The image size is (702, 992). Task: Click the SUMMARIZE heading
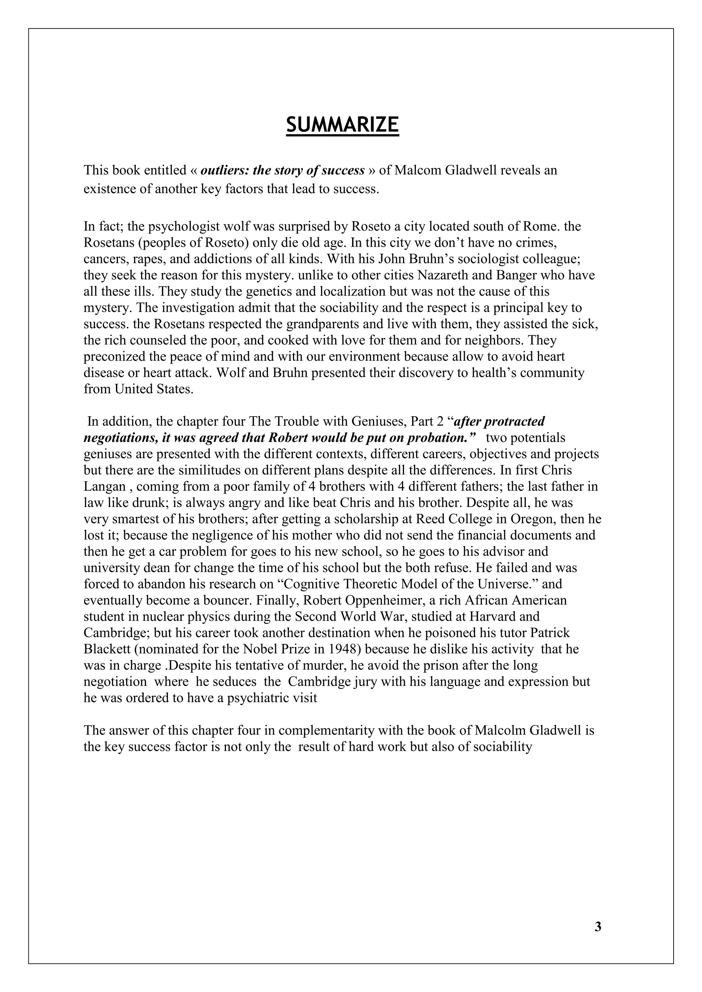(x=342, y=125)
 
